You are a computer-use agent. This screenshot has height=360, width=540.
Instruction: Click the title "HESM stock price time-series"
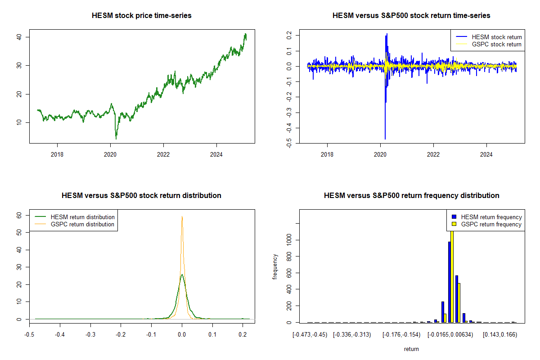pos(142,16)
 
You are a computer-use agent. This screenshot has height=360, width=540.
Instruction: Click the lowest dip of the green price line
pos(116,138)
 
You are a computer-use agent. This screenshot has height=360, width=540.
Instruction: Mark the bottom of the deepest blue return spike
pos(385,139)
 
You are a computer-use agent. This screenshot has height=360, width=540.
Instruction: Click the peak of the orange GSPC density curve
pos(182,216)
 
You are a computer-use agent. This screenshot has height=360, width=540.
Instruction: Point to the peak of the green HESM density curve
pos(182,274)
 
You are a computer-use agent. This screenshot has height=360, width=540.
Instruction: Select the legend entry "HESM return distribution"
pos(82,217)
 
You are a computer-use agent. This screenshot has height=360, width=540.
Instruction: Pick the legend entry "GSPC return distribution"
pos(82,224)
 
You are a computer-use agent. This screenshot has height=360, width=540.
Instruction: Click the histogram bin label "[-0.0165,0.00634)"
pos(450,335)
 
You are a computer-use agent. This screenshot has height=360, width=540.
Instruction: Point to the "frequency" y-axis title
pos(275,267)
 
